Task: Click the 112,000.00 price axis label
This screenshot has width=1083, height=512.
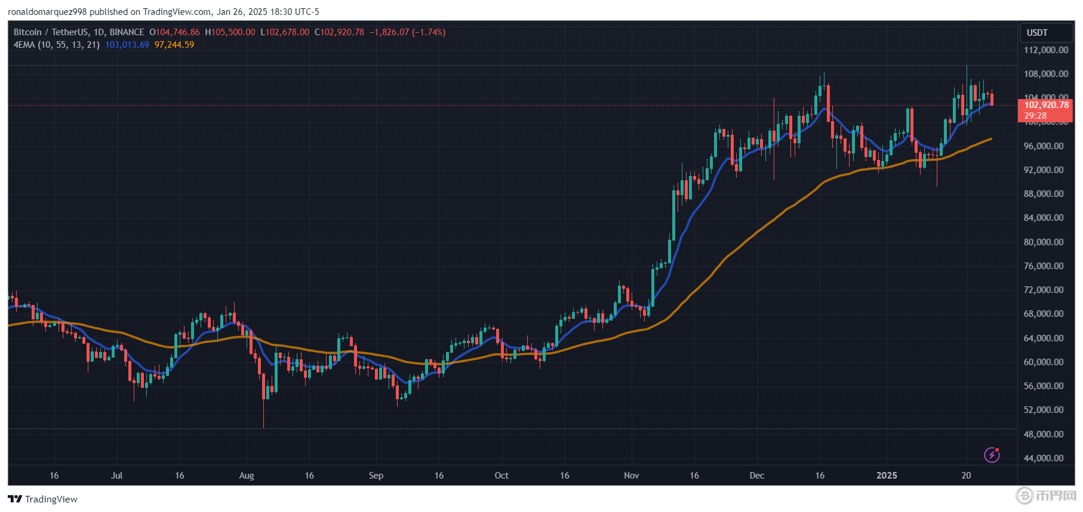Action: click(1046, 50)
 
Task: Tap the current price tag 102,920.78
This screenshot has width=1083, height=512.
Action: click(1046, 105)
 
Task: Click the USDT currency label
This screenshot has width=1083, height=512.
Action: click(1037, 33)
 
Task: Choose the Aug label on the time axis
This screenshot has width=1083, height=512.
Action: click(247, 476)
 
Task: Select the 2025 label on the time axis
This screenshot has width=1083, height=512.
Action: click(887, 476)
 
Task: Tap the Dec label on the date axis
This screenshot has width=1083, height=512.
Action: click(756, 476)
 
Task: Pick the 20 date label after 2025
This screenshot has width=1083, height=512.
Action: click(966, 476)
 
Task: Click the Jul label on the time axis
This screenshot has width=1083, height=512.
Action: click(116, 476)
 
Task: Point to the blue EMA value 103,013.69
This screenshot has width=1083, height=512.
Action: click(127, 45)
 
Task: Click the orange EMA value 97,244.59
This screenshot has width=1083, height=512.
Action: click(174, 45)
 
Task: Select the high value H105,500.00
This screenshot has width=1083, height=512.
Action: click(230, 32)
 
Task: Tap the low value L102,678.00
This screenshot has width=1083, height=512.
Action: click(285, 32)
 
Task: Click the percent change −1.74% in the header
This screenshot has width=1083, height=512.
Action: click(429, 32)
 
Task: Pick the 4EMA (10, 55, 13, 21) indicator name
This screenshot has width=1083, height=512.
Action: click(57, 45)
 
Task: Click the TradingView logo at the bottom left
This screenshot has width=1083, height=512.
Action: click(42, 499)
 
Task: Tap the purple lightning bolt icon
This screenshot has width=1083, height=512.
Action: click(992, 455)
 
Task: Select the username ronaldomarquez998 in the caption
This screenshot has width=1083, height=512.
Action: click(47, 12)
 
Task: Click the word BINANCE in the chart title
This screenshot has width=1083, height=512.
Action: click(127, 32)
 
